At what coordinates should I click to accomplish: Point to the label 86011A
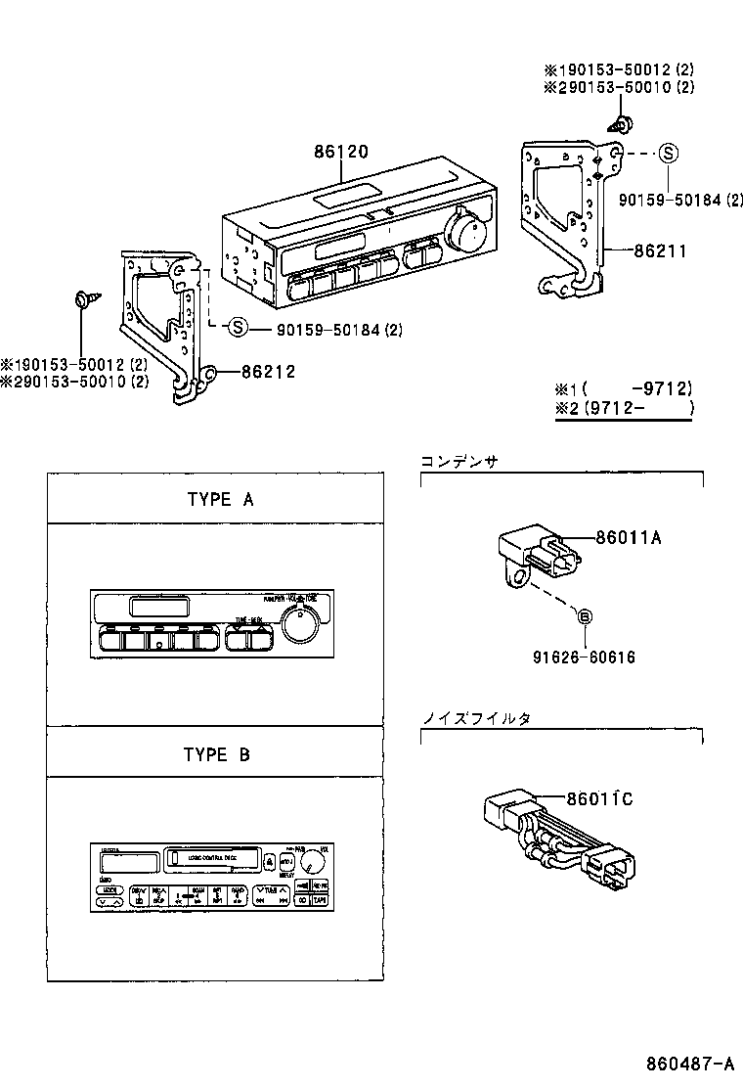click(629, 537)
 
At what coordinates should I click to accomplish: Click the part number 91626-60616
click(585, 657)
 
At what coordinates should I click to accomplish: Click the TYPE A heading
click(220, 499)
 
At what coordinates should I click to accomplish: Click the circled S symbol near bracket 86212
click(239, 328)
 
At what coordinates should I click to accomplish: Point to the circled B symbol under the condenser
click(585, 616)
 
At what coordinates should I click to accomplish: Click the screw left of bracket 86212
click(83, 297)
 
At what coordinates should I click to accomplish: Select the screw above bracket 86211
click(620, 124)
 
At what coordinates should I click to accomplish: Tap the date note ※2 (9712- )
click(623, 408)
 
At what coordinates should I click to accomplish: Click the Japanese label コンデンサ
click(459, 461)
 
